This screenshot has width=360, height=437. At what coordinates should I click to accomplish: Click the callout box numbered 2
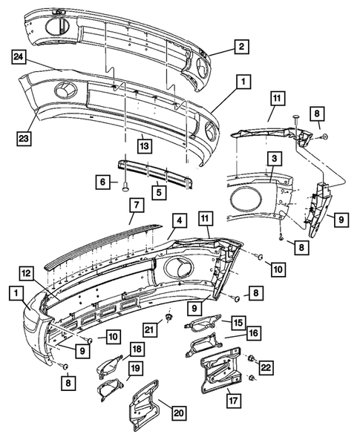click(241, 46)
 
